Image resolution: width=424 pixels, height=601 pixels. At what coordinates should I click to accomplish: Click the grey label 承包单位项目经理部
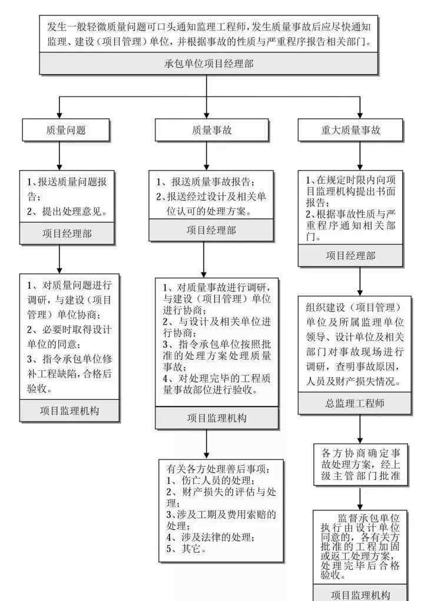208,63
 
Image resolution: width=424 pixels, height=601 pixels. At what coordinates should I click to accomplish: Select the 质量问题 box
66,130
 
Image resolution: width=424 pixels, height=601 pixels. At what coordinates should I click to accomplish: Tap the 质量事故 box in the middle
211,130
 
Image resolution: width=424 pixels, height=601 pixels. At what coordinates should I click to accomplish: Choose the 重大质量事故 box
350,130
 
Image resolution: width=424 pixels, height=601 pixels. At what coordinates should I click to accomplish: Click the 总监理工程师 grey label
355,403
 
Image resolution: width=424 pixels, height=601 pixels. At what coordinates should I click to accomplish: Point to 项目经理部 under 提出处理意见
67,233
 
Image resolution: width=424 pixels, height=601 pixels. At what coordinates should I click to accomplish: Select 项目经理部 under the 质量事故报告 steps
211,230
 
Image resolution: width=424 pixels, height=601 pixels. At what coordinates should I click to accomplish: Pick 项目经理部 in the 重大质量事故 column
350,255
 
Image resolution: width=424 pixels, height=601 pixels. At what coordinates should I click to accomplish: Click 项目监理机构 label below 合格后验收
69,411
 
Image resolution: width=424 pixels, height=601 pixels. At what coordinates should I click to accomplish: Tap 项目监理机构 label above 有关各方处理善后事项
217,418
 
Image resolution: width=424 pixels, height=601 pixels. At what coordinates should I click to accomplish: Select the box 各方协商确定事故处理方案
360,464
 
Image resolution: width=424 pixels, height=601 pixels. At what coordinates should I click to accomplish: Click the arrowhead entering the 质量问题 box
59,115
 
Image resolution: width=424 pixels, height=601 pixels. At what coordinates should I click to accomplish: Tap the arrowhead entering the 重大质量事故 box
360,115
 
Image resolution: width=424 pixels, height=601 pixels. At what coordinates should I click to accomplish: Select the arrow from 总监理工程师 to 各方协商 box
360,429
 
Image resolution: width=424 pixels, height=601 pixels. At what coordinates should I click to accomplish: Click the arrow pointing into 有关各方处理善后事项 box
206,444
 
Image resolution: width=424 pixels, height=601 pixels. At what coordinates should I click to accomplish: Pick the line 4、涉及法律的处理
210,537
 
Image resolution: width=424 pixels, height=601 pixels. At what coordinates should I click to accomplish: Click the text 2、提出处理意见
67,211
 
